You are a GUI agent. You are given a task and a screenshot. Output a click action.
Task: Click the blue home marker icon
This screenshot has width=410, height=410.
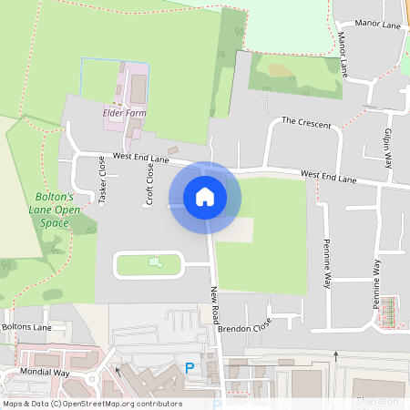[205, 197]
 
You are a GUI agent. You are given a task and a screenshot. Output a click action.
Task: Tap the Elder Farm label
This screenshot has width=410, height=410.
[125, 113]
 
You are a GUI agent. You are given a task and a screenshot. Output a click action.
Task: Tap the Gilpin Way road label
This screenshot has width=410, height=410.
[387, 149]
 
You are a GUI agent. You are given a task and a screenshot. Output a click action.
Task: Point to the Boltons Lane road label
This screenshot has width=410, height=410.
[26, 326]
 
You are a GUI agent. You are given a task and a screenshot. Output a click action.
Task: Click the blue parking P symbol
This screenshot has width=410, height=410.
[190, 368]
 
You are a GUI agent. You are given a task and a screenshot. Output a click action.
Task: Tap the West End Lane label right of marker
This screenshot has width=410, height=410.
[328, 176]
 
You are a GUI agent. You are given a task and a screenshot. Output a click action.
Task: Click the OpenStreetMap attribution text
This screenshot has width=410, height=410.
[92, 404]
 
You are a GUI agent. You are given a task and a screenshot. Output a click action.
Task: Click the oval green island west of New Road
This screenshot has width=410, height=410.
[149, 264]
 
